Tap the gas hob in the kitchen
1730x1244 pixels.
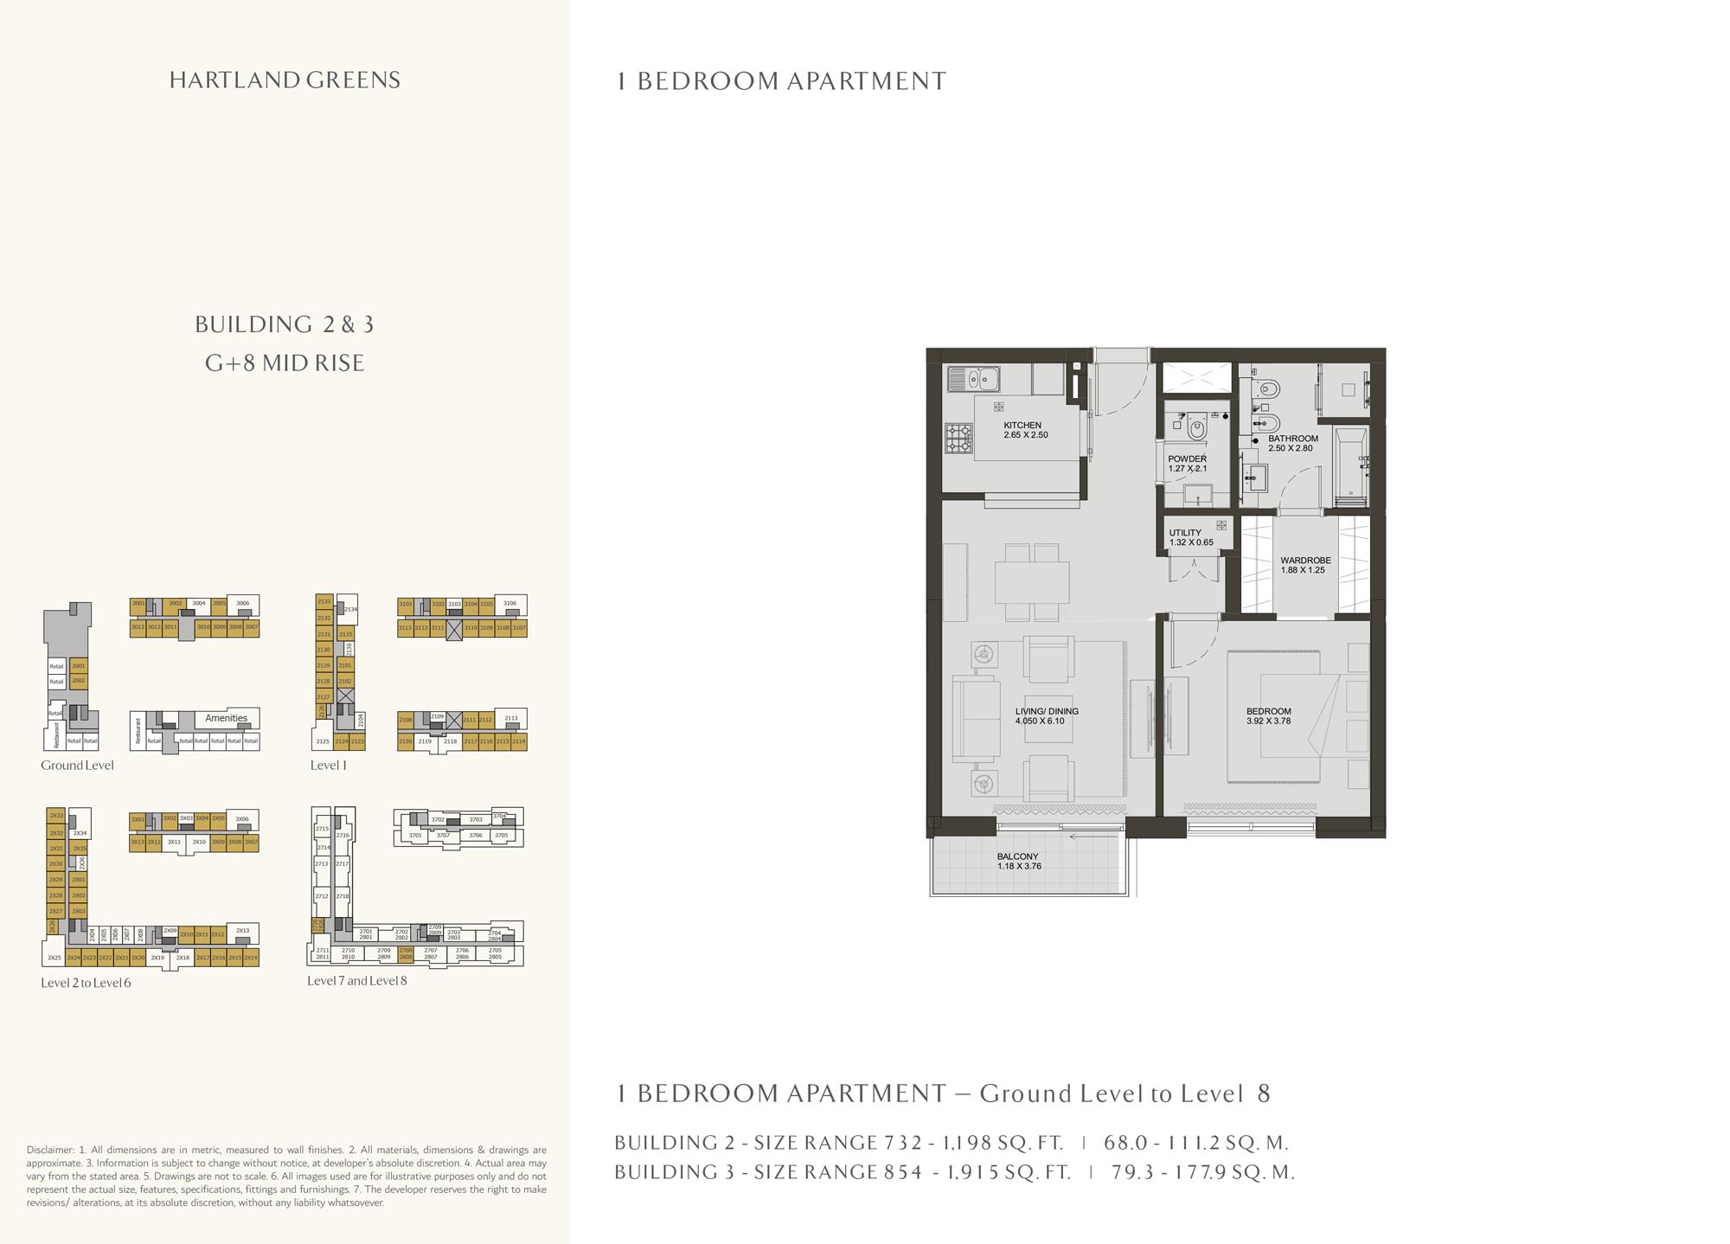click(958, 439)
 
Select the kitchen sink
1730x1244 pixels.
click(973, 378)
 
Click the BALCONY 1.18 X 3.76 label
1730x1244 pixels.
click(1019, 861)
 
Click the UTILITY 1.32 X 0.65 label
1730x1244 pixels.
click(1190, 537)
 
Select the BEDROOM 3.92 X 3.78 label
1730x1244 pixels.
click(1268, 715)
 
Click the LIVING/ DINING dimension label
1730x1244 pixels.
click(1047, 715)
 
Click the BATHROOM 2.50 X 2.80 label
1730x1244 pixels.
click(1292, 443)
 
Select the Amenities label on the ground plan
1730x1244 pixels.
click(226, 718)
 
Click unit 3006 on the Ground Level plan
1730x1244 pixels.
click(242, 603)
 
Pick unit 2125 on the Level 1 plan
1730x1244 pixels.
click(322, 741)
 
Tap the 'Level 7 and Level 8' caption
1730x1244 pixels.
click(356, 980)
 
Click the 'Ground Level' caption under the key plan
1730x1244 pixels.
click(77, 765)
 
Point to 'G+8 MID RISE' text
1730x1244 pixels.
click(284, 362)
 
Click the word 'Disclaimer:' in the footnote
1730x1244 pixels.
click(50, 1150)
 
